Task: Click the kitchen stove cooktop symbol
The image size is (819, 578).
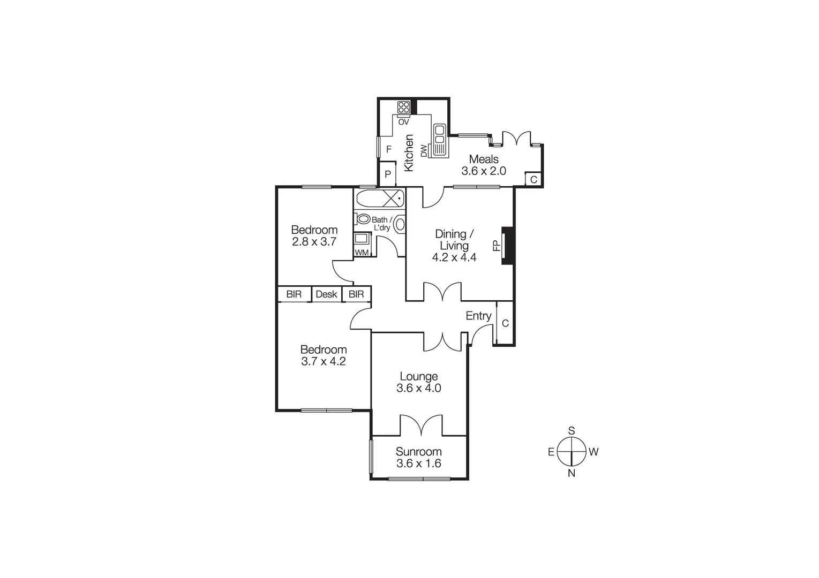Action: coord(403,107)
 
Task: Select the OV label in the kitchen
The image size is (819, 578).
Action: coord(403,122)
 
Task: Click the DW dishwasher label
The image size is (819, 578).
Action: coord(424,151)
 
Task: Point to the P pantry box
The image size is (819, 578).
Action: coord(387,174)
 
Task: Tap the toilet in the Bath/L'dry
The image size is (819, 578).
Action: coord(363,219)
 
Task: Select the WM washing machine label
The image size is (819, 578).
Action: coord(362,253)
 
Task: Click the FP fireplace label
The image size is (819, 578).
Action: coord(496,246)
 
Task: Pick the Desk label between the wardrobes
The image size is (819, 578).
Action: coord(326,294)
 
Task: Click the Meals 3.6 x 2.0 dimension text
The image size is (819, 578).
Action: coord(484,171)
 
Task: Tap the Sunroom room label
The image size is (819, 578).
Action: coord(419,452)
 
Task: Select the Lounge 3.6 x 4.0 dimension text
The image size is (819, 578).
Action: coord(419,389)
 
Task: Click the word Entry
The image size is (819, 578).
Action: coord(478,316)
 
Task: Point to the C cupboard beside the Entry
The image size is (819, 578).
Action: coord(505,323)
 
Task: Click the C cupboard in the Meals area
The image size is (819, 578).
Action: coord(534,180)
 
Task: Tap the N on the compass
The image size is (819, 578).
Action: coord(572,473)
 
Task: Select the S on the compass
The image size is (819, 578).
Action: coord(572,431)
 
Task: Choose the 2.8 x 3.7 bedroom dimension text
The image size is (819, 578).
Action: coord(314,241)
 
